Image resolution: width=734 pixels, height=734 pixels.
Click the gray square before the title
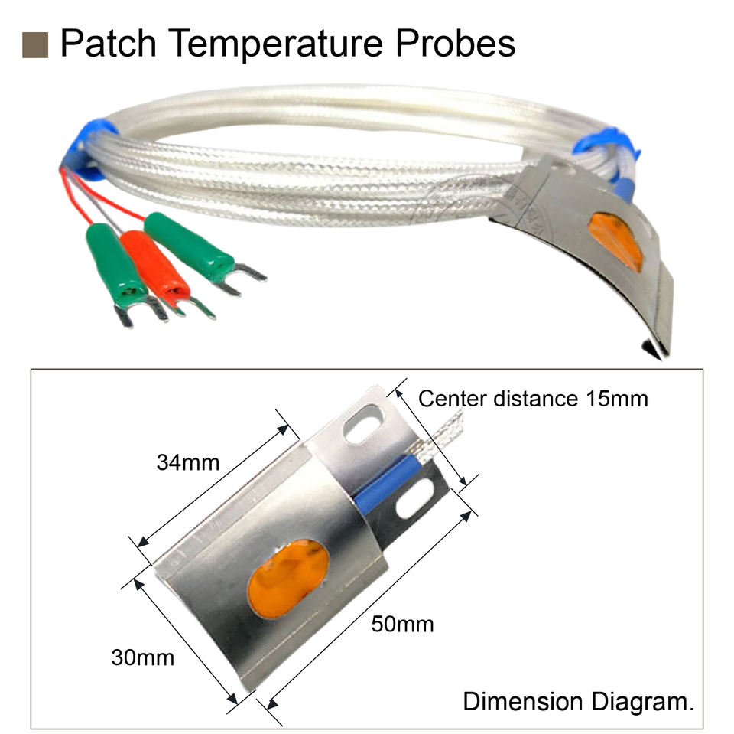(35, 45)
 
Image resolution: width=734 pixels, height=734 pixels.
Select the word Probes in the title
(456, 44)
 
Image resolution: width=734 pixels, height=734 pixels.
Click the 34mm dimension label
(188, 463)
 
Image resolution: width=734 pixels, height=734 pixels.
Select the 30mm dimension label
(142, 657)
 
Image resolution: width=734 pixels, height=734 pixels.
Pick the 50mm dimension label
(402, 625)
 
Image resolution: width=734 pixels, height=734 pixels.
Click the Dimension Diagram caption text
(578, 702)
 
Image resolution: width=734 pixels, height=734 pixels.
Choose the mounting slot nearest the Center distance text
(363, 428)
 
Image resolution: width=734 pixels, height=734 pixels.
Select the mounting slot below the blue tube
(411, 506)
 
